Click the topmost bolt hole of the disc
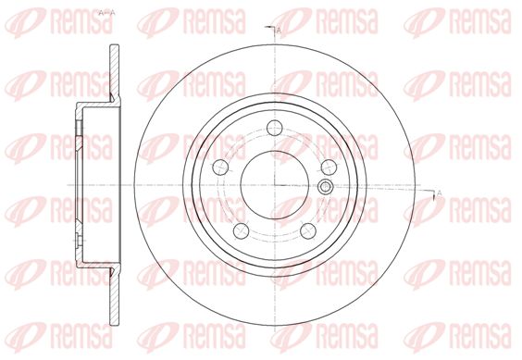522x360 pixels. (x=275, y=128)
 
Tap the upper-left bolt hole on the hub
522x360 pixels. (x=220, y=167)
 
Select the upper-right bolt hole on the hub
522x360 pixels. (x=329, y=167)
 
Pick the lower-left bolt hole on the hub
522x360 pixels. (x=242, y=230)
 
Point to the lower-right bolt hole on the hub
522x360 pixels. (x=308, y=230)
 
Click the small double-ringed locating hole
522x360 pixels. (x=325, y=187)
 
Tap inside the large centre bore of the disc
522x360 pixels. (x=275, y=185)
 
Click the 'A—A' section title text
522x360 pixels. (x=106, y=13)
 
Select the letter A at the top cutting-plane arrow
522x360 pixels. (x=279, y=31)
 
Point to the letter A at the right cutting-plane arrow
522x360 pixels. (x=439, y=192)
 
